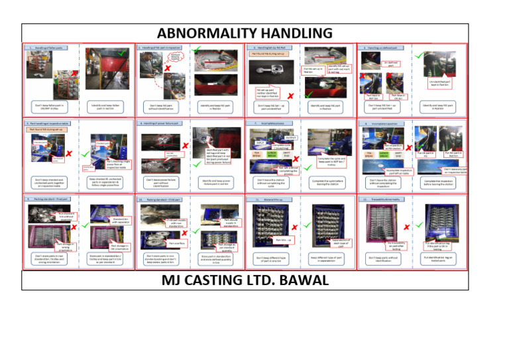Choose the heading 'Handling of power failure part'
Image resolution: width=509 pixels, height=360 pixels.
coord(164,123)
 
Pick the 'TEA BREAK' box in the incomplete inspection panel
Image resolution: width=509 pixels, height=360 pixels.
coord(368,154)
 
